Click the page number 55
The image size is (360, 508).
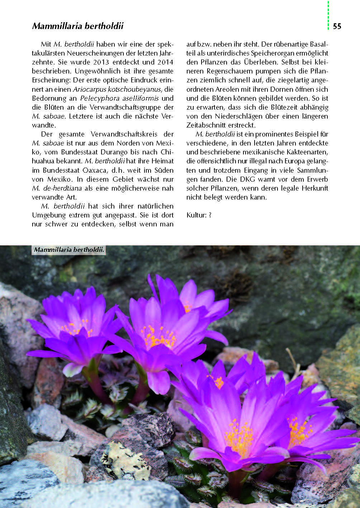pyautogui.click(x=337, y=26)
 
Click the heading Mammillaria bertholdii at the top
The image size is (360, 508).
pyautogui.click(x=78, y=26)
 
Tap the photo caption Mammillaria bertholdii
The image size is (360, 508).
pyautogui.click(x=69, y=250)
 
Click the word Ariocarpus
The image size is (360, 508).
pyautogui.click(x=89, y=89)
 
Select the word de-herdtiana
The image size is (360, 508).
pyautogui.click(x=62, y=188)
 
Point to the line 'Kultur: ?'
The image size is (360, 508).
pyautogui.click(x=199, y=215)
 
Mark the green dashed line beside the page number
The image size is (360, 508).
pyautogui.click(x=328, y=15)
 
